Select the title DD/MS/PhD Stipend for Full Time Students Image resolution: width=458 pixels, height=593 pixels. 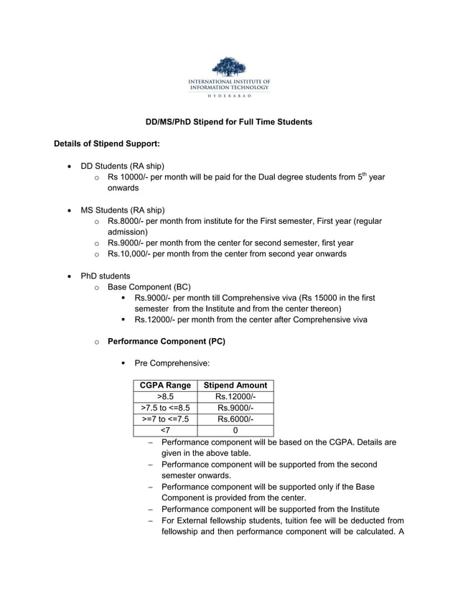(x=228, y=122)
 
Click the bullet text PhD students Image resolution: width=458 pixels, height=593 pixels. (x=106, y=276)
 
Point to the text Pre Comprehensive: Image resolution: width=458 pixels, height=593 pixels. (x=172, y=363)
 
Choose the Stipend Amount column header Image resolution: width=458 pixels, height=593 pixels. (x=235, y=386)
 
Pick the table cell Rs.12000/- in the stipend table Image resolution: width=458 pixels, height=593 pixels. (x=235, y=397)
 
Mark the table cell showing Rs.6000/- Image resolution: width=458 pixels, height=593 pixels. (x=235, y=419)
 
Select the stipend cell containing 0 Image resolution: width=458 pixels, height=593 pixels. (x=235, y=430)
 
